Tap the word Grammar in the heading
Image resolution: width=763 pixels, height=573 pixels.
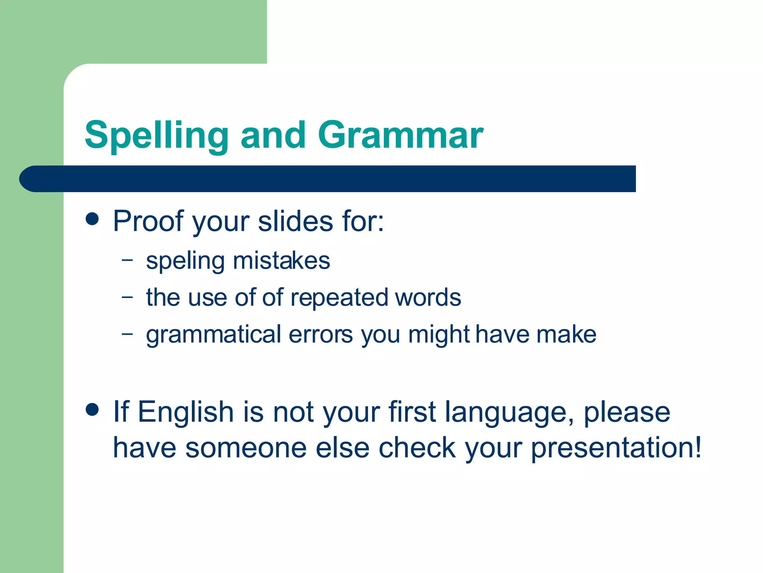point(400,135)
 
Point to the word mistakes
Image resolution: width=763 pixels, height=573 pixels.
point(281,260)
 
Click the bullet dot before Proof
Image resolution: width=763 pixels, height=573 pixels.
point(92,219)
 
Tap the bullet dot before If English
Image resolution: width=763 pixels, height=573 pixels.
point(92,409)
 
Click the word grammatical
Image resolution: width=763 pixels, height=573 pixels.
point(213,335)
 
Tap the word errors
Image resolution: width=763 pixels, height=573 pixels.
point(321,335)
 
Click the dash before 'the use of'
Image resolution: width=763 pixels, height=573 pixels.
point(127,297)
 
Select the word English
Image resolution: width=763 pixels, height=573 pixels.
point(186,412)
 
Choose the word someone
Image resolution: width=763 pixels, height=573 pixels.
point(246,448)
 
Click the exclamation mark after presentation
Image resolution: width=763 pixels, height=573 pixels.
point(697,447)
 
